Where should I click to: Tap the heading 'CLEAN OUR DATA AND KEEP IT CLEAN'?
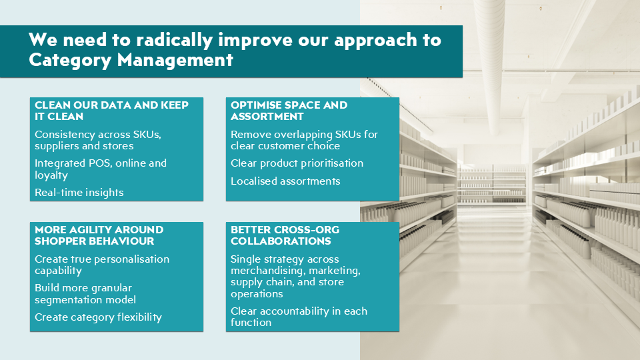click(x=111, y=111)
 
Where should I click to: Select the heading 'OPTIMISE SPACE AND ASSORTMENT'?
click(x=289, y=111)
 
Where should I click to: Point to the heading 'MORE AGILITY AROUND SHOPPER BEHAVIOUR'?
click(x=99, y=235)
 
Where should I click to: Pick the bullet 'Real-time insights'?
click(x=79, y=193)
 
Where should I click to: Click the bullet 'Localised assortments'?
click(x=285, y=181)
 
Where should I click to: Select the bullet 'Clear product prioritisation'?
click(x=297, y=163)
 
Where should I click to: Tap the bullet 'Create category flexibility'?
click(x=98, y=317)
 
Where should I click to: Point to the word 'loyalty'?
click(x=53, y=175)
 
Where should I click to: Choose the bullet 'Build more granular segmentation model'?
click(x=83, y=294)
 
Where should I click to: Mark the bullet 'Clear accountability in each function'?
click(x=299, y=317)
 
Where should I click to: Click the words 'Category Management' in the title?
click(x=131, y=60)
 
